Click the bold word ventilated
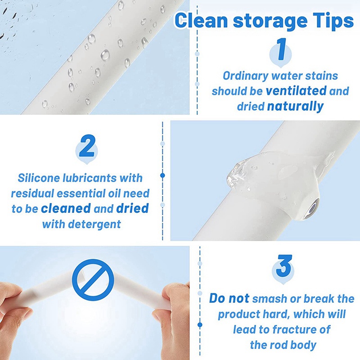coord(296,91)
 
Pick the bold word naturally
coord(295,107)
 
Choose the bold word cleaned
coord(65,209)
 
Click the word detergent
coord(95,224)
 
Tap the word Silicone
coord(36,178)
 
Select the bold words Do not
coord(229,299)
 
